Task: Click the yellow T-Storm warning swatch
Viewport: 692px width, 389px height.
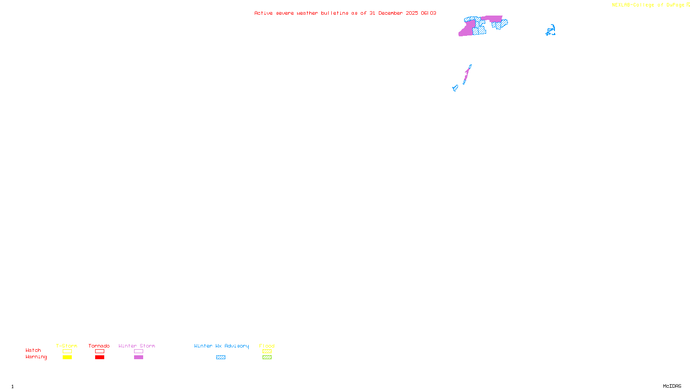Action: [x=67, y=357]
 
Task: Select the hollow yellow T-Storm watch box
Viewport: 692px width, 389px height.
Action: [x=67, y=351]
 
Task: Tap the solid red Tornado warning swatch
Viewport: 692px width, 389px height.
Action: [x=99, y=357]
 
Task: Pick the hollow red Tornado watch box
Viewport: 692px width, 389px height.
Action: [x=99, y=351]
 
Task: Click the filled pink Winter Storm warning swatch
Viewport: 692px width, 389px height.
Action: [x=138, y=357]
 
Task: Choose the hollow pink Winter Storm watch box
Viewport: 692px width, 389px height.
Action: [x=138, y=351]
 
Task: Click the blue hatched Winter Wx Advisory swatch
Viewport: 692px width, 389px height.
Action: [x=221, y=357]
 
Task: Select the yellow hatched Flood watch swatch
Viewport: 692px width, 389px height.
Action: [x=267, y=351]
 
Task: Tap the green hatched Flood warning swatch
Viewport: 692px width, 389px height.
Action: [x=267, y=357]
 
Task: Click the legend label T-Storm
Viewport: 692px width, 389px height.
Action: [x=67, y=346]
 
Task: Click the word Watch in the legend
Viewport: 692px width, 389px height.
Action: [x=33, y=351]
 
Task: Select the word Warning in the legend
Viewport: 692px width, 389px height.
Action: [x=36, y=357]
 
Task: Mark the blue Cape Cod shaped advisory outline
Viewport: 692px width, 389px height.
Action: [x=551, y=31]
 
